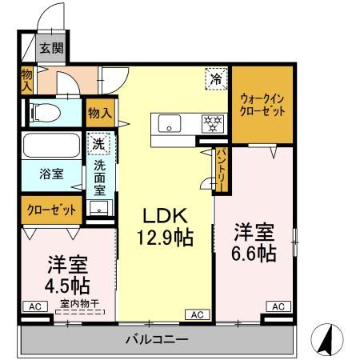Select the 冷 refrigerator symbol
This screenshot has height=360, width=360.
coord(215,78)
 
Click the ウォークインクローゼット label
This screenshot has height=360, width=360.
coord(262,104)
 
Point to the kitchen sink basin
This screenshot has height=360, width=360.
coord(170,123)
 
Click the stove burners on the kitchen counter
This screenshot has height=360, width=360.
coord(213,123)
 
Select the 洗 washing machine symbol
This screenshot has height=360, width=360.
coord(98,145)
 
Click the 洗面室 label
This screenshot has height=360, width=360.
coord(99,177)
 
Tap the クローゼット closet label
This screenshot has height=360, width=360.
coord(50,210)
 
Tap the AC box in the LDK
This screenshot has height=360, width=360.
coord(197,314)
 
